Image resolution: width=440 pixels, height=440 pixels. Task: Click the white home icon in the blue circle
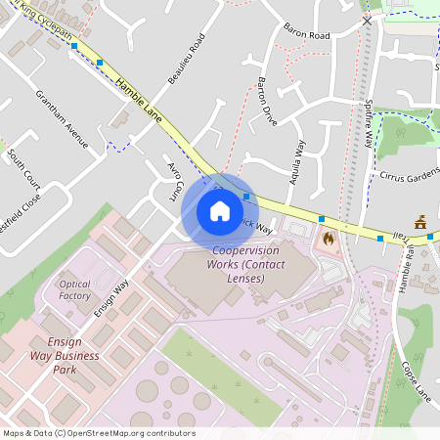point(220,210)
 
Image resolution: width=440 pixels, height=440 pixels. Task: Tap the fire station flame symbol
point(329,237)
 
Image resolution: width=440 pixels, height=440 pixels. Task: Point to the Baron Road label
point(307,35)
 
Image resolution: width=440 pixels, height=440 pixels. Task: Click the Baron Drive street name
point(267,102)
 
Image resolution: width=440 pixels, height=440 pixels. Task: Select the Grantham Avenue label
point(62,120)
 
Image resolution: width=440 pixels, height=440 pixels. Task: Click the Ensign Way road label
point(110,301)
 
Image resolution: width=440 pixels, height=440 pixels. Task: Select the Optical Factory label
point(75,289)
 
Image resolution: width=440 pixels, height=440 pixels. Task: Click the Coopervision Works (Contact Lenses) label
point(244,265)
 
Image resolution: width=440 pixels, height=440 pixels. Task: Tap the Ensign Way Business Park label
point(65,356)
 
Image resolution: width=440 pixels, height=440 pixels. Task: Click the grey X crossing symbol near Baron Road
point(367,20)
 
